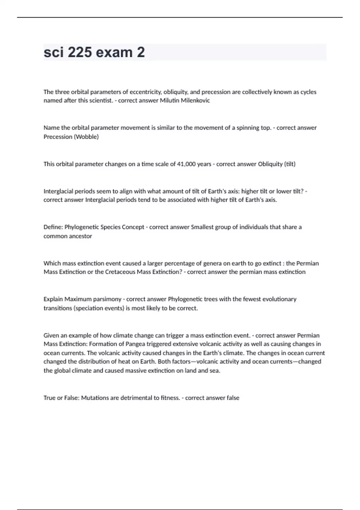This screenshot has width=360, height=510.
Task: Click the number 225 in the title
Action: tap(79, 52)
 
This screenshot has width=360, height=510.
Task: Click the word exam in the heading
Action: tap(114, 52)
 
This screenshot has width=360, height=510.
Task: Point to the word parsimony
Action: tap(107, 299)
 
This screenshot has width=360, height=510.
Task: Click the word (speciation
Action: tap(88, 308)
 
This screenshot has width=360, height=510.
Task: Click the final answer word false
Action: tap(233, 398)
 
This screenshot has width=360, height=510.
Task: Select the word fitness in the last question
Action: tap(170, 398)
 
